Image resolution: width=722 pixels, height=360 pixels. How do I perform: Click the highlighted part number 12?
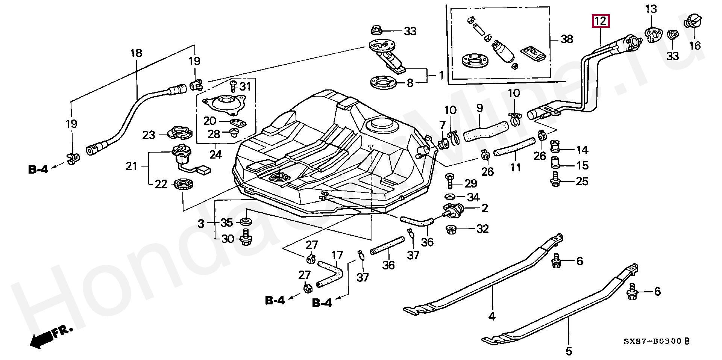tap(601, 21)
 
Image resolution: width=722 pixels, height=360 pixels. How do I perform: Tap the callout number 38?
tap(566, 39)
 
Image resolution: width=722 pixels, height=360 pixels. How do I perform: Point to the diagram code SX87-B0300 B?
tap(657, 341)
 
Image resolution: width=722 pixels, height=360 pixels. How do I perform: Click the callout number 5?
tap(569, 351)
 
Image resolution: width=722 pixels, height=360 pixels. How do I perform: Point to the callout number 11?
tap(515, 167)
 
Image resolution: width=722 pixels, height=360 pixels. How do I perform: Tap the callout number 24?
tap(215, 154)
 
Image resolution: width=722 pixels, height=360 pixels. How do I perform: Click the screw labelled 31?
tap(232, 86)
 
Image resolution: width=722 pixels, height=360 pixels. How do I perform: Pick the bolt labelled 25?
tap(555, 180)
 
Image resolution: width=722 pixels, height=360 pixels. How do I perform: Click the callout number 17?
tap(337, 256)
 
